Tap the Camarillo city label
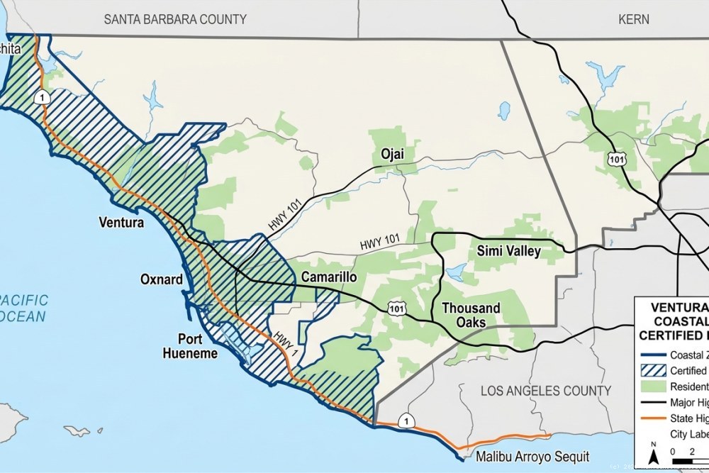328,277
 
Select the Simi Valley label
508,251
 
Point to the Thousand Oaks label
471,315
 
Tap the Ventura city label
120,222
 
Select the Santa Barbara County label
175,19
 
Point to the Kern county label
633,19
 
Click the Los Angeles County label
545,391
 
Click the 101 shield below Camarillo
397,308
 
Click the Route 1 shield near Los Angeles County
405,420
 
